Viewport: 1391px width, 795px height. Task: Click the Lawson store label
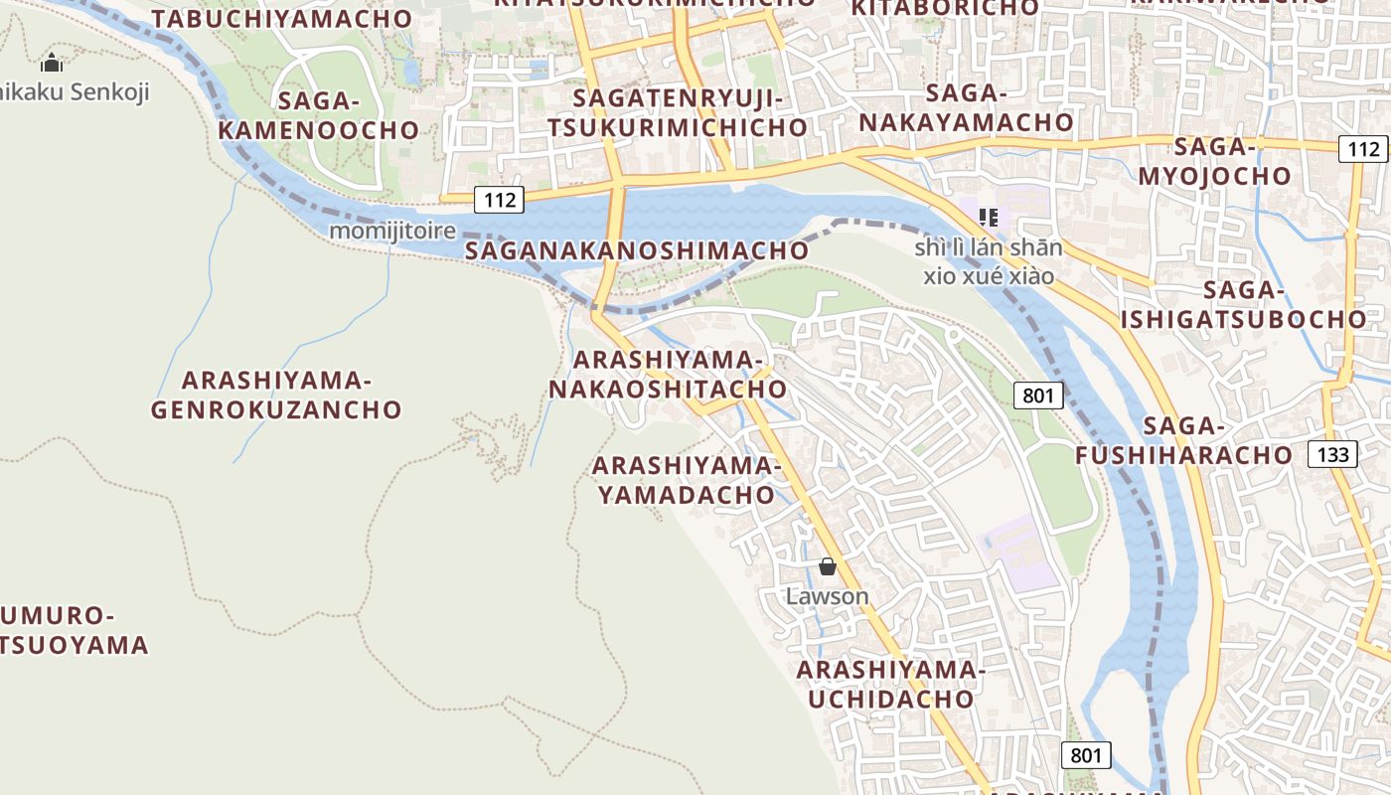click(827, 596)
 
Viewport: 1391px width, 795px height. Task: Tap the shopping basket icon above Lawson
click(827, 567)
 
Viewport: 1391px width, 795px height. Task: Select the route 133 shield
click(1332, 455)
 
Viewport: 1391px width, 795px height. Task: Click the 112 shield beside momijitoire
click(499, 200)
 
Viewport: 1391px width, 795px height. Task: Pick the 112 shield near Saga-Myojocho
click(1363, 149)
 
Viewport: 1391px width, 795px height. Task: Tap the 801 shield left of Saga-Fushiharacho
click(1038, 396)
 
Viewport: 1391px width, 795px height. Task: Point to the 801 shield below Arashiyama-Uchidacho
click(1086, 755)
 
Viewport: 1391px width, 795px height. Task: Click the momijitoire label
click(391, 231)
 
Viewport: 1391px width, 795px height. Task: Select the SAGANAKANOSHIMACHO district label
click(637, 250)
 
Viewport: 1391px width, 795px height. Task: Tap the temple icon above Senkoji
click(52, 65)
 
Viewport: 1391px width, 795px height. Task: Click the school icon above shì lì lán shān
click(988, 217)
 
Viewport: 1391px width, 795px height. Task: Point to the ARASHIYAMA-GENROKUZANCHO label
click(276, 395)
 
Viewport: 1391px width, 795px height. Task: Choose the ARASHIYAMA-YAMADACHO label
click(687, 480)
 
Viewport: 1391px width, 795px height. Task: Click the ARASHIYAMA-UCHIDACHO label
click(890, 685)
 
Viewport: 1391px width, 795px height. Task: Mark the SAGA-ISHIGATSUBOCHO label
click(1243, 305)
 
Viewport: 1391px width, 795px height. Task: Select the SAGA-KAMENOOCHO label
click(318, 115)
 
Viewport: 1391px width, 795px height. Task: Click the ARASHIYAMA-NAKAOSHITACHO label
click(668, 374)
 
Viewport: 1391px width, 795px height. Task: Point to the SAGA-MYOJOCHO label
click(1214, 162)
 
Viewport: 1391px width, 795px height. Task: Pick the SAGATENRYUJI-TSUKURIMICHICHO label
click(678, 112)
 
